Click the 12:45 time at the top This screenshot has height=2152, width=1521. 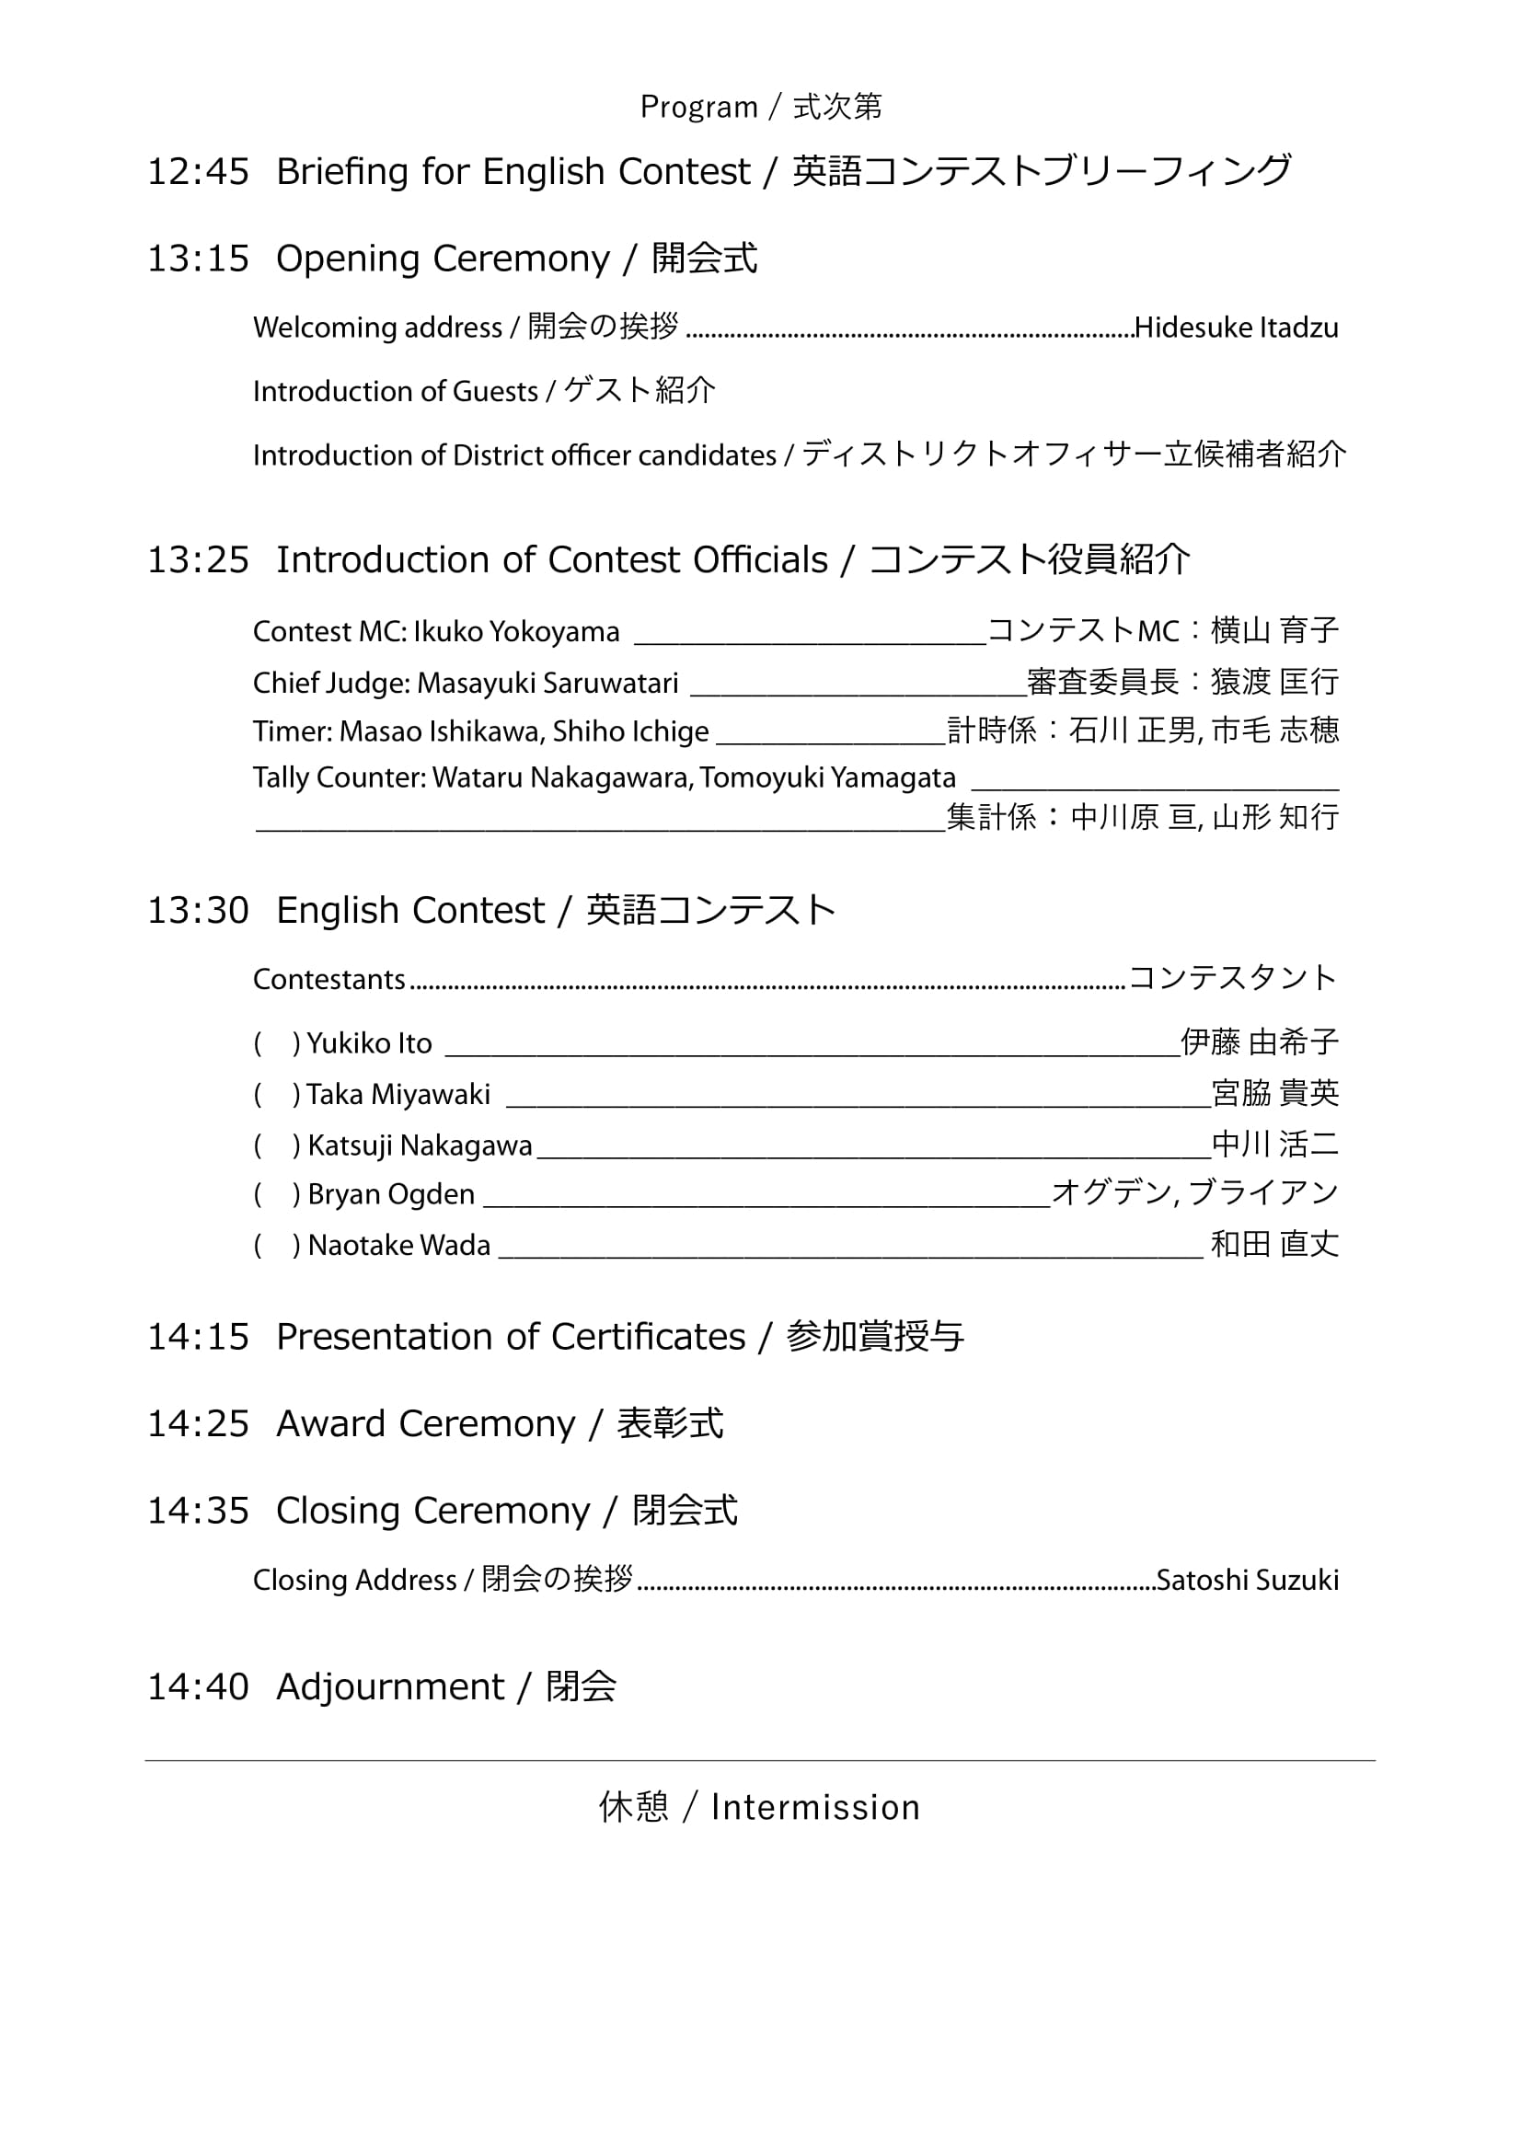pyautogui.click(x=198, y=171)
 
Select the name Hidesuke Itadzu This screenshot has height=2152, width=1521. pyautogui.click(x=1236, y=328)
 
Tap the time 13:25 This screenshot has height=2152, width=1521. pyautogui.click(x=198, y=559)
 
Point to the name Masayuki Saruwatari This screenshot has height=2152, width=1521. pyautogui.click(x=547, y=684)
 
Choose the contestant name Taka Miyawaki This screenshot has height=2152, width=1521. pyautogui.click(x=398, y=1095)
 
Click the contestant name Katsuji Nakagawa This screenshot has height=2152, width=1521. pyautogui.click(x=420, y=1145)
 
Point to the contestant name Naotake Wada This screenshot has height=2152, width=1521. pyautogui.click(x=399, y=1246)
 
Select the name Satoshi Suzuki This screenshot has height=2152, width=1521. pyautogui.click(x=1248, y=1581)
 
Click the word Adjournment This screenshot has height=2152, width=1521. pyautogui.click(x=390, y=1687)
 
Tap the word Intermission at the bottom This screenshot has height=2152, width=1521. pyautogui.click(x=815, y=1807)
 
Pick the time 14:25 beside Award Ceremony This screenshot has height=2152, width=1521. pyautogui.click(x=198, y=1423)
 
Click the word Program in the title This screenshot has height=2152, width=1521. pyautogui.click(x=698, y=107)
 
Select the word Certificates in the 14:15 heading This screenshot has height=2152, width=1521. pyautogui.click(x=648, y=1337)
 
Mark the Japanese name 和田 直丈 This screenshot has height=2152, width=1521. pyautogui.click(x=1274, y=1245)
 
